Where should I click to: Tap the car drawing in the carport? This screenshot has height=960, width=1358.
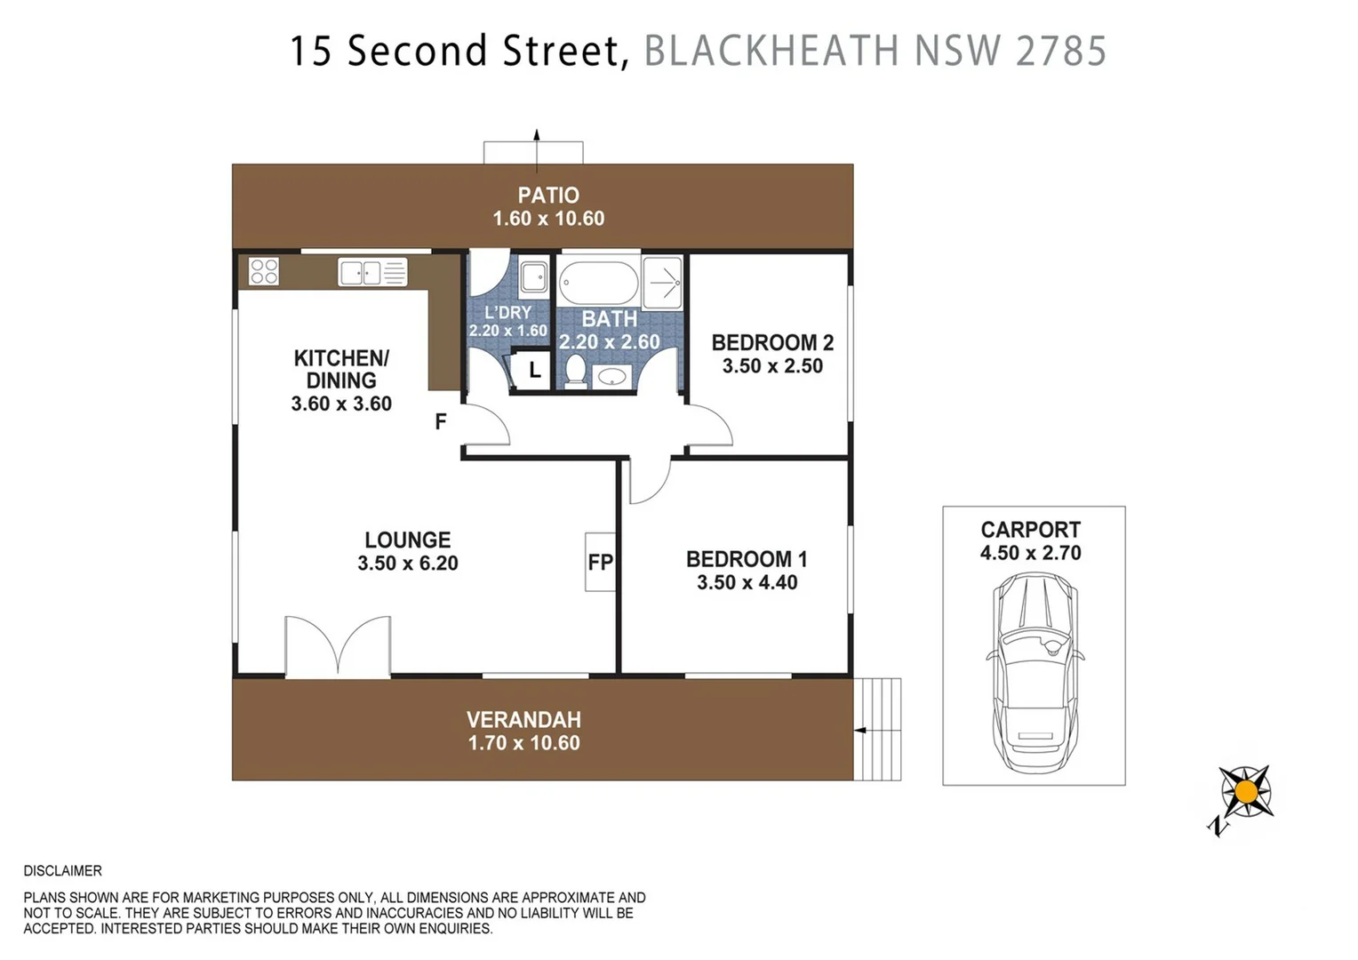tap(1034, 673)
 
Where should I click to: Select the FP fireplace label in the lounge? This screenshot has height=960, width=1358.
tap(600, 562)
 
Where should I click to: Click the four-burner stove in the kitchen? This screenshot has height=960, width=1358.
tap(264, 271)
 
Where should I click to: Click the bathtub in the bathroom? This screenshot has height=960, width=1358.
tap(598, 283)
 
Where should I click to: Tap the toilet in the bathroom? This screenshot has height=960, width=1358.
tap(576, 372)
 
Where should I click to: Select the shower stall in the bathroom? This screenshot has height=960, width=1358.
tap(662, 283)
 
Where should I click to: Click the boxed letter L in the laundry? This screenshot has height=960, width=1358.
tap(534, 370)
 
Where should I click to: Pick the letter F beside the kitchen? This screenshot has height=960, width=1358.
tap(441, 421)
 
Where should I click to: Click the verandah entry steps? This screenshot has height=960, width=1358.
tap(877, 729)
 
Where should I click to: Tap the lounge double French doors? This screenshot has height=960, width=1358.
tap(338, 646)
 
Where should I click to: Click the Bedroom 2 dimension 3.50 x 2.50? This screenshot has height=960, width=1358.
tap(772, 366)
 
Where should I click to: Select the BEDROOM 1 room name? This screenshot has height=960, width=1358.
tap(747, 559)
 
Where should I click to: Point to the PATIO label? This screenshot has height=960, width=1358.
tap(548, 196)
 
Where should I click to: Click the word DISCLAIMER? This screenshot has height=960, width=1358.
tap(63, 871)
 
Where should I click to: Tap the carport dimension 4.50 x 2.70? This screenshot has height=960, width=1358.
tap(1031, 553)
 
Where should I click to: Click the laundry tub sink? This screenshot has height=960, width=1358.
tap(533, 276)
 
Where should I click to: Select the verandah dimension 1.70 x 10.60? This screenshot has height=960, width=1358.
tap(524, 743)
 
